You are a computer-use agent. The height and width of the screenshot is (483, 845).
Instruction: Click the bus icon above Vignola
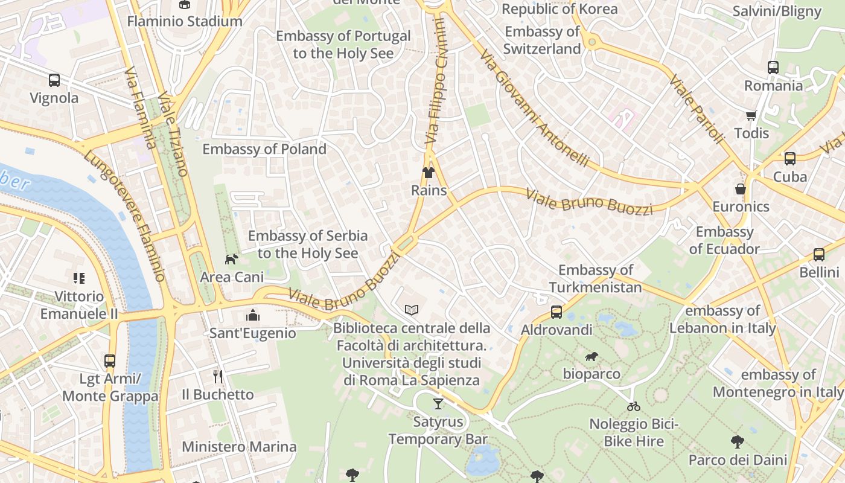54,80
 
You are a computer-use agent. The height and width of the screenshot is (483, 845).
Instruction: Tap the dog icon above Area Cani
231,259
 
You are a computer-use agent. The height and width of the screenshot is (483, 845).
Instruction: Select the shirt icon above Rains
429,173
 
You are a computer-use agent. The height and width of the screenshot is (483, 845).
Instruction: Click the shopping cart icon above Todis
751,115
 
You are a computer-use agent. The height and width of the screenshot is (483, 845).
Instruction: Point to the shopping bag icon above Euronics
741,189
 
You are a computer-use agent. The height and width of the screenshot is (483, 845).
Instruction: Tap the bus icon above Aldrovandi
556,312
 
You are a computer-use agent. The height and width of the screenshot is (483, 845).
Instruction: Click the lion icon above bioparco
591,356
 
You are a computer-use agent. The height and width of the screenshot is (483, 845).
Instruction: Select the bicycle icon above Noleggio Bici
634,406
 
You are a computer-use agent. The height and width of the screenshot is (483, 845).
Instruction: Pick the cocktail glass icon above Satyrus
438,403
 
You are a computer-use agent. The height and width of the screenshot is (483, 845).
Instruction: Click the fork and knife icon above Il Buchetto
218,377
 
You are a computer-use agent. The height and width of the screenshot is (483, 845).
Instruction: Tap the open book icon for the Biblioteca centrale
412,310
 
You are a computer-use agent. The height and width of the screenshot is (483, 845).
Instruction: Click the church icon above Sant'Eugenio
252,315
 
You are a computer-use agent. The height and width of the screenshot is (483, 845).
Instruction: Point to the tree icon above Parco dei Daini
737,442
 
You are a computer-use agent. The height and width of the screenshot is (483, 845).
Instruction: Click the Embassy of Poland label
264,149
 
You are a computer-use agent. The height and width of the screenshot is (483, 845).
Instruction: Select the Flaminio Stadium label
185,21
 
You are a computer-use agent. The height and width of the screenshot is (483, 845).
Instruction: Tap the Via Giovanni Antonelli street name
535,109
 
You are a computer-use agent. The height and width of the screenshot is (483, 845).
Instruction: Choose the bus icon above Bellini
819,255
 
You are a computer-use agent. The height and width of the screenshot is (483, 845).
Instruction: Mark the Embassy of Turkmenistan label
596,278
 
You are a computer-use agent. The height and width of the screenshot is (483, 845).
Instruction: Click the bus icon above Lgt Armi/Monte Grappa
110,361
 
